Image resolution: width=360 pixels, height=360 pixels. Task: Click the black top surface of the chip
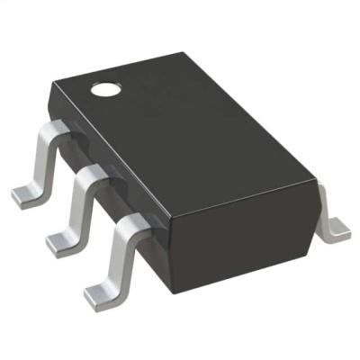[x=198, y=126]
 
